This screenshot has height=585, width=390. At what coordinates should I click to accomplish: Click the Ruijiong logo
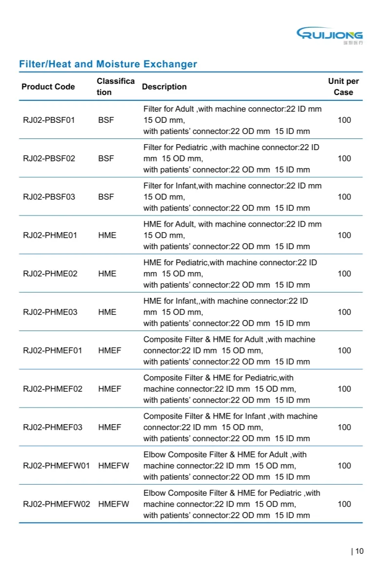pos(330,35)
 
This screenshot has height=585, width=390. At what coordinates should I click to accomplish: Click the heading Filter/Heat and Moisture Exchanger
pos(108,64)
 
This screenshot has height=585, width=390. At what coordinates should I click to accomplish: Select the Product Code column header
pos(48,87)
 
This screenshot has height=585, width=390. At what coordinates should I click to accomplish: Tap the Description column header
pos(164,87)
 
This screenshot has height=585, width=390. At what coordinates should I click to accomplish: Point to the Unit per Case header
pos(343,87)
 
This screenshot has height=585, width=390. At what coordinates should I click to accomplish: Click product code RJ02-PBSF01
pos(49,120)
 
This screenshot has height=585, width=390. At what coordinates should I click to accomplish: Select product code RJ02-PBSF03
pos(49,197)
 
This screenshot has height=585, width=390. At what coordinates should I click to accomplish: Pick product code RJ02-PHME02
pos(50,273)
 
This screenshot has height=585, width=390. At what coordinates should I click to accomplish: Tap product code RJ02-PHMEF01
pos(53,351)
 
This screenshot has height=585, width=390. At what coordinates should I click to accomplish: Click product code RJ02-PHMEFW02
pos(57,504)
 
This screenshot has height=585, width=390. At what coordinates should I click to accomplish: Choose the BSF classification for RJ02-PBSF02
pos(106,158)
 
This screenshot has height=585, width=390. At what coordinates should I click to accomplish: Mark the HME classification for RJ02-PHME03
pos(107,312)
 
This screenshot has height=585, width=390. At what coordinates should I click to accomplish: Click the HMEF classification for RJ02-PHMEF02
pos(110,389)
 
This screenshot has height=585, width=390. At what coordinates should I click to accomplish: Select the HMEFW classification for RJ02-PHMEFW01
pos(114,466)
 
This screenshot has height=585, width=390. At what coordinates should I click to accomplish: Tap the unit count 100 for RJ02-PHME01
pos(344,235)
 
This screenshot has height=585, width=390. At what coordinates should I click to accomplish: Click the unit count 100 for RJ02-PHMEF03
pos(344,428)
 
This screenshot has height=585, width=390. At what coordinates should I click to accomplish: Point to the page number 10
pos(359,551)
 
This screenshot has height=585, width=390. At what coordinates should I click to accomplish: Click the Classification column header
pos(116,87)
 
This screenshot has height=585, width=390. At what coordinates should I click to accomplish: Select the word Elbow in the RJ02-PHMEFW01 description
pos(155,454)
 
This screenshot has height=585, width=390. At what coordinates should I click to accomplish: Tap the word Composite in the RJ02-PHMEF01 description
pos(162,339)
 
